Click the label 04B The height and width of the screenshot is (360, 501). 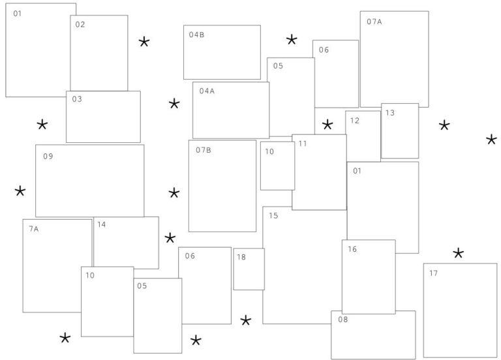point(196,35)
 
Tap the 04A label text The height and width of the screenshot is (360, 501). point(207,91)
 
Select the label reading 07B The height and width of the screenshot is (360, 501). point(204,150)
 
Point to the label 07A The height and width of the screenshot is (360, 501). point(374,22)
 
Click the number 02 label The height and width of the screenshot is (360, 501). point(80,24)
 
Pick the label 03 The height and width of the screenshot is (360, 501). point(77,98)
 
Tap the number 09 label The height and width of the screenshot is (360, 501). point(48,156)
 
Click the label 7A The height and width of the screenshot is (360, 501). point(33,229)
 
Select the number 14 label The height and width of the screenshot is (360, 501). point(102,224)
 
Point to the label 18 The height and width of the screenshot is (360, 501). point(241,257)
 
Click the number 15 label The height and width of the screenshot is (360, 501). point(273,215)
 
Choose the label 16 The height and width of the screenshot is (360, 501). point(352,249)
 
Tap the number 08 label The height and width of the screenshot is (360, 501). point(343,319)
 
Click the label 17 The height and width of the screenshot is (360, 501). point(433,273)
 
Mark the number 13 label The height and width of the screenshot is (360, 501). point(390,112)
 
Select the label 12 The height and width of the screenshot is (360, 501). point(355,121)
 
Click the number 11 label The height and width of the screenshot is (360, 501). point(303,143)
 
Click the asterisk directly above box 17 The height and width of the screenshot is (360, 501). point(458,253)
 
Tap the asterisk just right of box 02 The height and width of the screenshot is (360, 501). point(144,42)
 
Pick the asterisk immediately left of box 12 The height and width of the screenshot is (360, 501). point(327,125)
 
